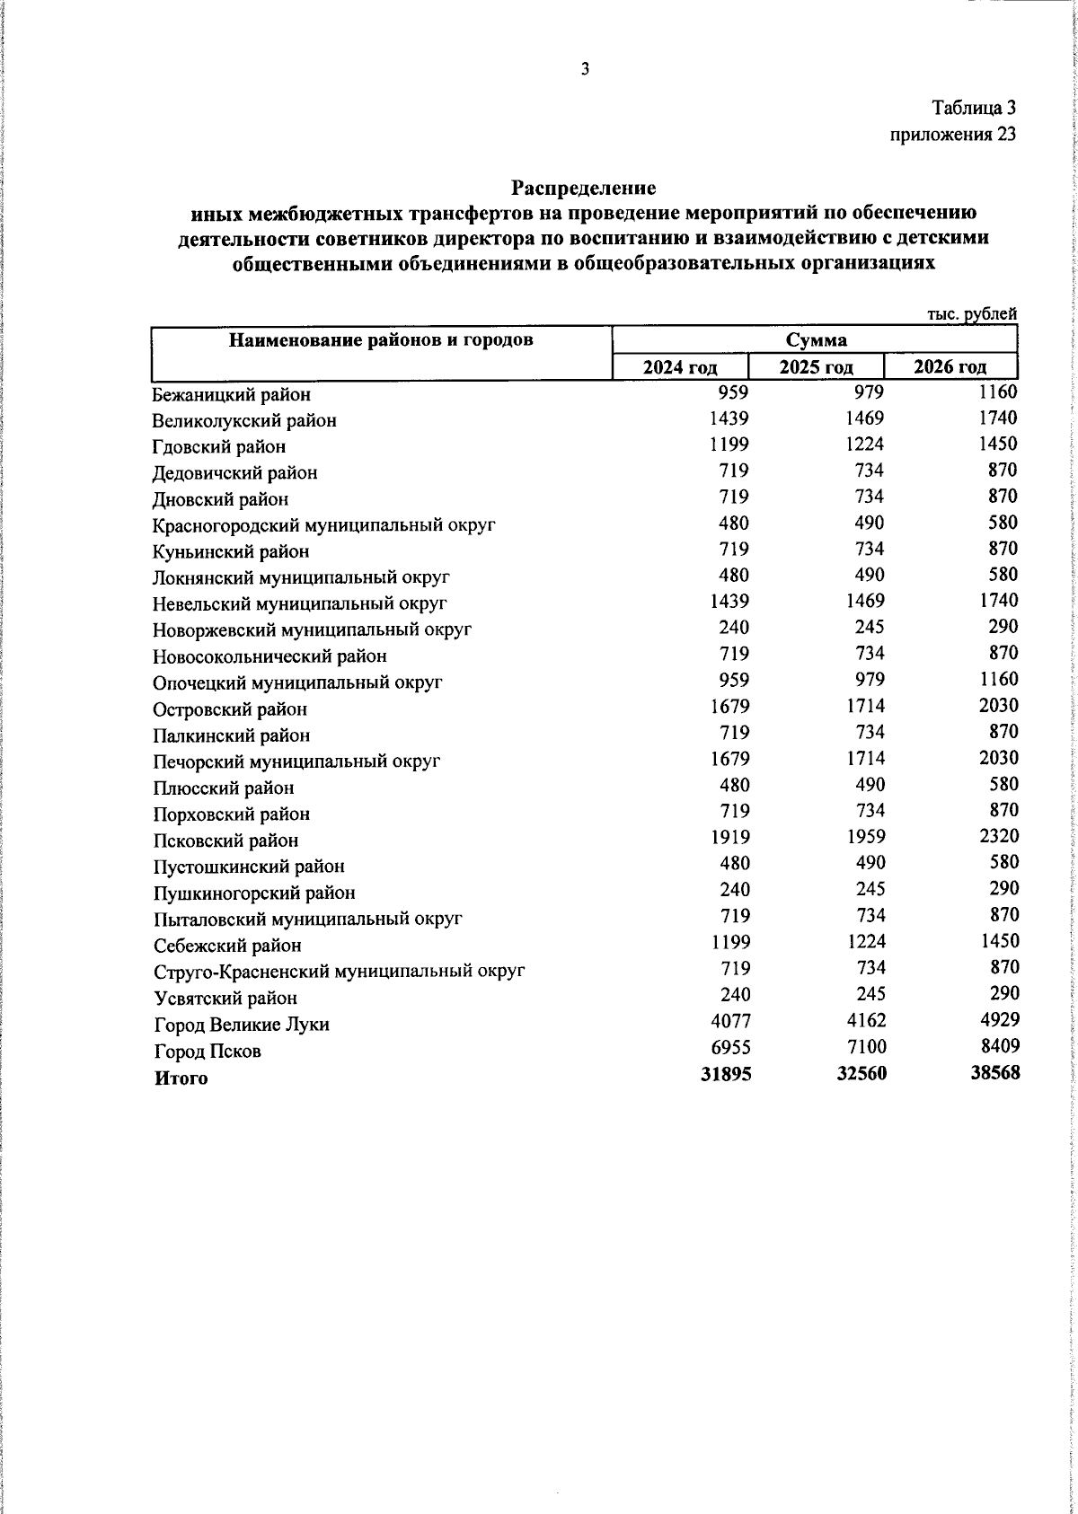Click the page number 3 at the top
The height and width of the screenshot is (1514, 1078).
click(585, 70)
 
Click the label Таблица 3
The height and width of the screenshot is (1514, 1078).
click(974, 109)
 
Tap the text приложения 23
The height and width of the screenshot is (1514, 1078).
click(953, 135)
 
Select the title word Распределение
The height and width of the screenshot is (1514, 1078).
click(584, 189)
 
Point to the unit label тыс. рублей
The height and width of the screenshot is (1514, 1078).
click(971, 314)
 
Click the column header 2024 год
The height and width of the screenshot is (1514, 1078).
click(679, 366)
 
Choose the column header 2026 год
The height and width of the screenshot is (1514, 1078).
click(950, 366)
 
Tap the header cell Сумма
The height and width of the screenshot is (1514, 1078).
click(816, 340)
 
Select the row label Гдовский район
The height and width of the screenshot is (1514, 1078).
click(219, 446)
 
